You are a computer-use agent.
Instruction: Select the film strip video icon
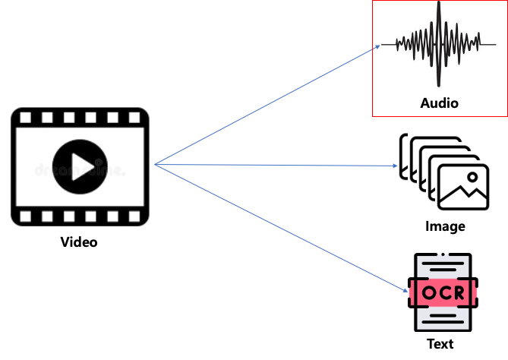coord(79,166)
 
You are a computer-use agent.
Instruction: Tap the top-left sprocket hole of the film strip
coord(26,118)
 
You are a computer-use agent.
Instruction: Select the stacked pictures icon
coord(444,171)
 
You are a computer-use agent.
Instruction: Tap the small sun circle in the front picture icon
coord(472,178)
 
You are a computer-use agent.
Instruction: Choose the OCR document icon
coord(443,292)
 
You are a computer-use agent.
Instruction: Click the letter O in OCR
coord(430,293)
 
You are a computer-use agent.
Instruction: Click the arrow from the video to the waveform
coord(266,105)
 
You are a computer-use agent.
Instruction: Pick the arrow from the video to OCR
coord(281,228)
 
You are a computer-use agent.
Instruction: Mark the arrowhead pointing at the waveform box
coord(377,47)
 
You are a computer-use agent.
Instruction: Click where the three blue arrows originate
coord(155,164)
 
